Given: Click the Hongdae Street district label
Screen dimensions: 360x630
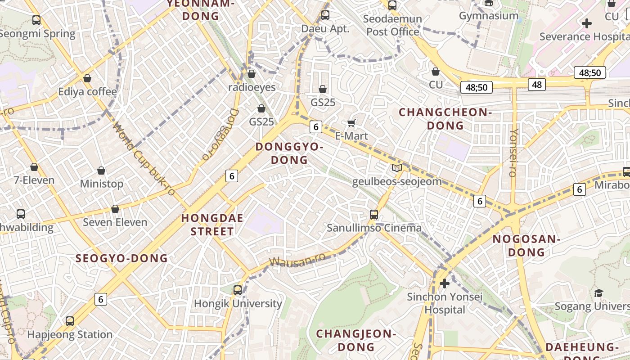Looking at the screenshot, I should point(212,225).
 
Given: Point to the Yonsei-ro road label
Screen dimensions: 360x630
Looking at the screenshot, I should point(513,153).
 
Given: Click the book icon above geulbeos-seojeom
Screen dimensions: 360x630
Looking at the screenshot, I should point(396,168).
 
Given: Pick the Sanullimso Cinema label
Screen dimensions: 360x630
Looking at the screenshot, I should point(374,228).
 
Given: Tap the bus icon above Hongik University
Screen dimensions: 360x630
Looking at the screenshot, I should point(238,290).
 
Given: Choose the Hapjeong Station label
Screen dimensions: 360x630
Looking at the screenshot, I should point(70,334).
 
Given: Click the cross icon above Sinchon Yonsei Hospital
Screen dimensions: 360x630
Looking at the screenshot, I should point(445,283).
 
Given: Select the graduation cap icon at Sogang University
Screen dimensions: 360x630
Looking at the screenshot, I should point(598,293).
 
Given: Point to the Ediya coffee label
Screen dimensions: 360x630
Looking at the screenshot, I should point(87,92).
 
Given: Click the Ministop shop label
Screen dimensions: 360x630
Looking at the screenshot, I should point(101,184).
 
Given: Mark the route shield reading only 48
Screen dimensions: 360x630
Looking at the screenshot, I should point(536,84).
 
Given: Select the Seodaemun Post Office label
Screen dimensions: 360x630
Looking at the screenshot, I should point(392,25).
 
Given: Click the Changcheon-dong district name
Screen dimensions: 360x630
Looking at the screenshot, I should point(445,119).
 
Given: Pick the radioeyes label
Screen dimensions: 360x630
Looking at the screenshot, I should point(252,87).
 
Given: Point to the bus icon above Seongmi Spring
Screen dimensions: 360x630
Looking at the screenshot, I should point(36,20).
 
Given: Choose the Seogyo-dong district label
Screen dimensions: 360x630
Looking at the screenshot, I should point(121,258).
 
